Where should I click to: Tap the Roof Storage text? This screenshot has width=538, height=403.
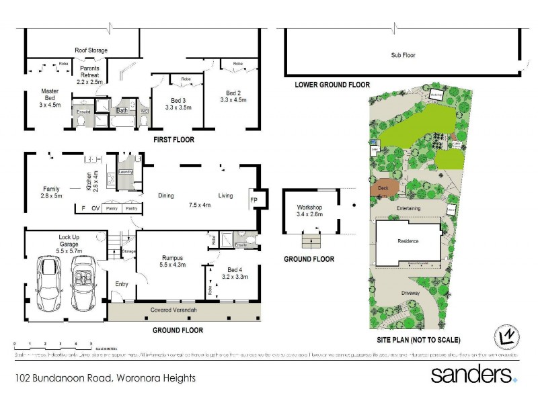(x=90, y=50)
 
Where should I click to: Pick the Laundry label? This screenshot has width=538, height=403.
(x=126, y=172)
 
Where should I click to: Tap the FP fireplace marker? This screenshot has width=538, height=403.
(x=254, y=199)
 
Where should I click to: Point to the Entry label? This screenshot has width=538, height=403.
(x=121, y=284)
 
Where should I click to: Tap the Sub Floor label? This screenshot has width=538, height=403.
(x=404, y=55)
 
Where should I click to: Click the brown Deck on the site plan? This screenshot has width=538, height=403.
(x=385, y=189)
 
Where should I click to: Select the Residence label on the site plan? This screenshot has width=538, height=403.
(x=408, y=241)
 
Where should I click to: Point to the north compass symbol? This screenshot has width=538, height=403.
(x=508, y=334)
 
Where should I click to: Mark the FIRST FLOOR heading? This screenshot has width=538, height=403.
(x=174, y=140)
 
